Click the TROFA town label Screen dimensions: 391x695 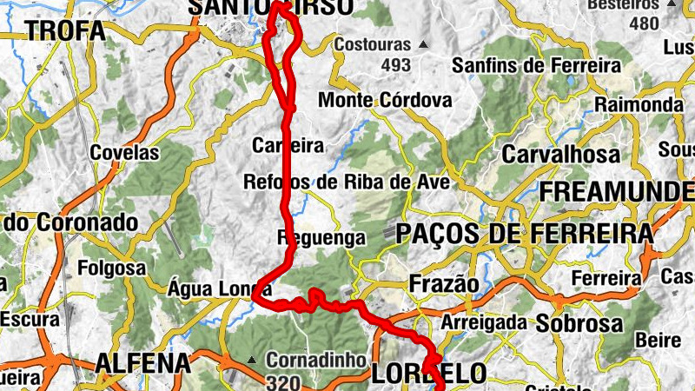[x=65, y=31]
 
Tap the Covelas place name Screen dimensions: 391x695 [x=125, y=153]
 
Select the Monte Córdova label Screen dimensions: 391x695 [x=385, y=101]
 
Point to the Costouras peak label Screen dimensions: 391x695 [x=373, y=43]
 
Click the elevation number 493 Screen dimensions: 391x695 [x=395, y=64]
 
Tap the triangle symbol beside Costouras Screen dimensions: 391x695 [x=423, y=44]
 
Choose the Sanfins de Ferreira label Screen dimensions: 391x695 [x=537, y=65]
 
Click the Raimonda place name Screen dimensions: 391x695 [x=639, y=104]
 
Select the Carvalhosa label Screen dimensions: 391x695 [x=561, y=155]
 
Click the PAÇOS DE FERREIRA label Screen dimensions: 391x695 [x=524, y=234]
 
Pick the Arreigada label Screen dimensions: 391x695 [x=484, y=322]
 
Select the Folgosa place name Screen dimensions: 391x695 [x=112, y=268]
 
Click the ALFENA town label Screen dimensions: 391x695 [x=142, y=362]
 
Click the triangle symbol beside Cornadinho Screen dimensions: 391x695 [x=252, y=360]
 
